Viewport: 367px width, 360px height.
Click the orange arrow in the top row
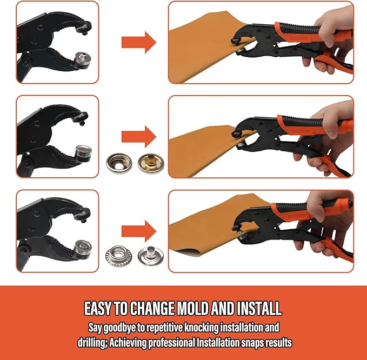click(138, 42)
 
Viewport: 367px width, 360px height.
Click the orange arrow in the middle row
click(138, 137)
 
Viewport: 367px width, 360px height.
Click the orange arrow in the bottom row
click(138, 231)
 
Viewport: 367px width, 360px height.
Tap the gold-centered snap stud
click(151, 163)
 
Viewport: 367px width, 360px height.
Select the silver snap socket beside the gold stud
click(119, 163)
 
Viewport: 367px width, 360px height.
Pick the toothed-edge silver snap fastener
click(118, 256)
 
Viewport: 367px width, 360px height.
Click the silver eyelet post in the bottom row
click(151, 256)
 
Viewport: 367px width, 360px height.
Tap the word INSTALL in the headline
click(259, 308)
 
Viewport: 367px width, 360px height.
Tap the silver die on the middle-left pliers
click(83, 154)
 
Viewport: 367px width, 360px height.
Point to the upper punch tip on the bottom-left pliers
click(84, 220)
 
